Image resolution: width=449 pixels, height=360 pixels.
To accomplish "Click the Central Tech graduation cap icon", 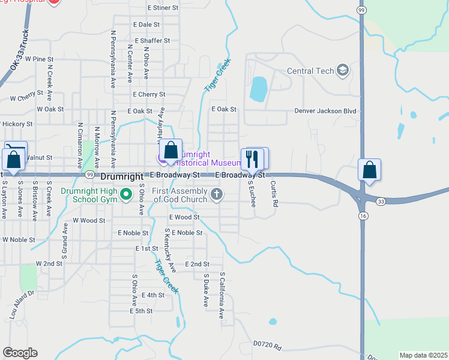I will (343, 71).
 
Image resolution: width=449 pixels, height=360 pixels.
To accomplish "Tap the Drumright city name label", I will (122, 176).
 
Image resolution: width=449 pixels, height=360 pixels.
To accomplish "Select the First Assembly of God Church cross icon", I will (217, 194).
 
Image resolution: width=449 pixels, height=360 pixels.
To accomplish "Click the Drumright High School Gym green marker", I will (126, 194).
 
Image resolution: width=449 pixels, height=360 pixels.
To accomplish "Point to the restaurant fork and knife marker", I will (252, 160).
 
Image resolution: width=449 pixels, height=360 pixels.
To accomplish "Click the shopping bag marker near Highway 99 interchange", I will (370, 170).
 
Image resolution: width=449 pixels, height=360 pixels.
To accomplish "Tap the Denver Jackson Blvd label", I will (325, 111).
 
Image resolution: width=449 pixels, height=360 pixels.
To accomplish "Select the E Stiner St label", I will (163, 8).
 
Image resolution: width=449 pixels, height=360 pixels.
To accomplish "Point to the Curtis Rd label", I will (274, 194).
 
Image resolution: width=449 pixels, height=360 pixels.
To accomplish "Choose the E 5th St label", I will (141, 311).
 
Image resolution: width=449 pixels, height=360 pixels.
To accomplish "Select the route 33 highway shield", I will (382, 202).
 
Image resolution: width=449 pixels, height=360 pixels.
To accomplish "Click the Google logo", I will (20, 353).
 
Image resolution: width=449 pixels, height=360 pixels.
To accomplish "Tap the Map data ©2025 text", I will (423, 355).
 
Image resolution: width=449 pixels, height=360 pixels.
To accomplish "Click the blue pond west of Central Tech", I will (258, 89).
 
